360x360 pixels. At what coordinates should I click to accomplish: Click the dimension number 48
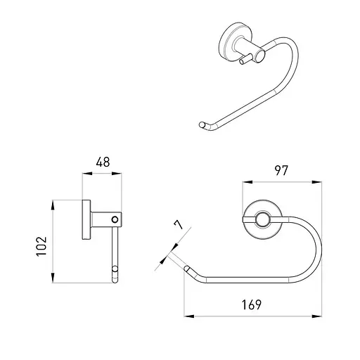103,162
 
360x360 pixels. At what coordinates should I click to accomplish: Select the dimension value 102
41,246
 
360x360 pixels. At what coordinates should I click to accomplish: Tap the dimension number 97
281,171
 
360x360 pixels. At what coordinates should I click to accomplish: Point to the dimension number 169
252,304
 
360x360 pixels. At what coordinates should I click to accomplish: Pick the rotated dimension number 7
179,224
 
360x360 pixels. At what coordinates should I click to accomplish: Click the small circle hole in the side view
115,219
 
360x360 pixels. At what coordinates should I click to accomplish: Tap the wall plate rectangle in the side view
86,219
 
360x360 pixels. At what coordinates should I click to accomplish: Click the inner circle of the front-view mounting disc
262,220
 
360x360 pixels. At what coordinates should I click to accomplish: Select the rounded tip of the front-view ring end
186,269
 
